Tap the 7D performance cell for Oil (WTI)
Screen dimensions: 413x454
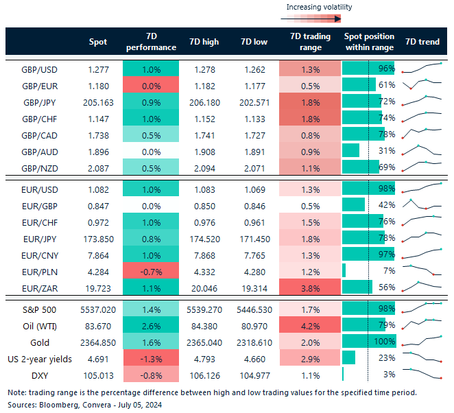151,324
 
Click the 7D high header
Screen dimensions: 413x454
204,42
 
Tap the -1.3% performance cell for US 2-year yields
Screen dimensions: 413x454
151,357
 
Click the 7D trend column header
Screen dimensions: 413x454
422,42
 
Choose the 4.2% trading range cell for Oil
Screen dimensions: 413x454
310,324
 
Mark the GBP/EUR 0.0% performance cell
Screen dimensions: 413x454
151,85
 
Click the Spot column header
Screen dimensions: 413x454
98,42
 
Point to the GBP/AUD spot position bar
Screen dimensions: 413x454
350,151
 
